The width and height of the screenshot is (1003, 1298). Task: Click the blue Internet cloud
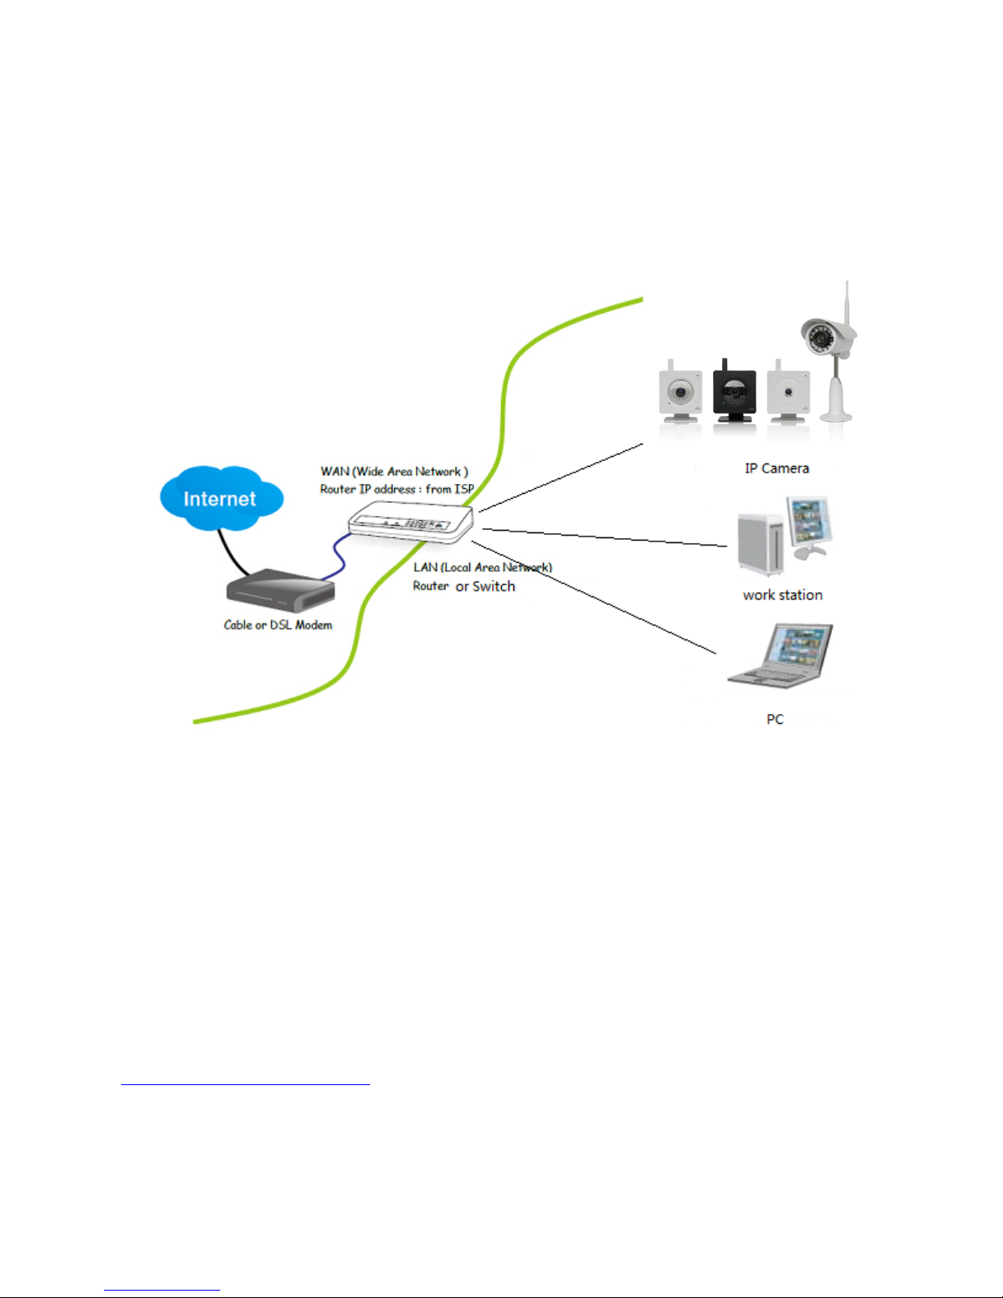[x=222, y=498]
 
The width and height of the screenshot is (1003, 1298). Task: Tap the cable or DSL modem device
[x=281, y=590]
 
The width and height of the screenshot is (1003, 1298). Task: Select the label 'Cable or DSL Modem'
[x=278, y=625]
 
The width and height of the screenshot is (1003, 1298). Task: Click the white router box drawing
[x=411, y=522]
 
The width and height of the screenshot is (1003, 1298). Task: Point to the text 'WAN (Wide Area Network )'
[x=394, y=472]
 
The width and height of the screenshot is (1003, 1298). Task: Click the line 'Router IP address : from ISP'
[x=397, y=489]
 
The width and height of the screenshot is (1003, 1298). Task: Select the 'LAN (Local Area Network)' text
[x=482, y=568]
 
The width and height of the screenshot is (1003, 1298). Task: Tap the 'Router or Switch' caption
[x=464, y=586]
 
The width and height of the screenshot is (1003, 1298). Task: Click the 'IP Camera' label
[x=777, y=468]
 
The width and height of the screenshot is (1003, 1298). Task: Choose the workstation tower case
[x=760, y=544]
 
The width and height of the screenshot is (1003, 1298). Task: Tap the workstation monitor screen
[x=808, y=521]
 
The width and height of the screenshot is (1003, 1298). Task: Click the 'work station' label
[x=783, y=595]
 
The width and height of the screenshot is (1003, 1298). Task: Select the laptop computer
[x=780, y=656]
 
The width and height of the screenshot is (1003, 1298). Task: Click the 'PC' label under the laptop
[x=775, y=719]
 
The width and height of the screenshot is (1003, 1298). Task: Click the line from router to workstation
[x=604, y=537]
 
